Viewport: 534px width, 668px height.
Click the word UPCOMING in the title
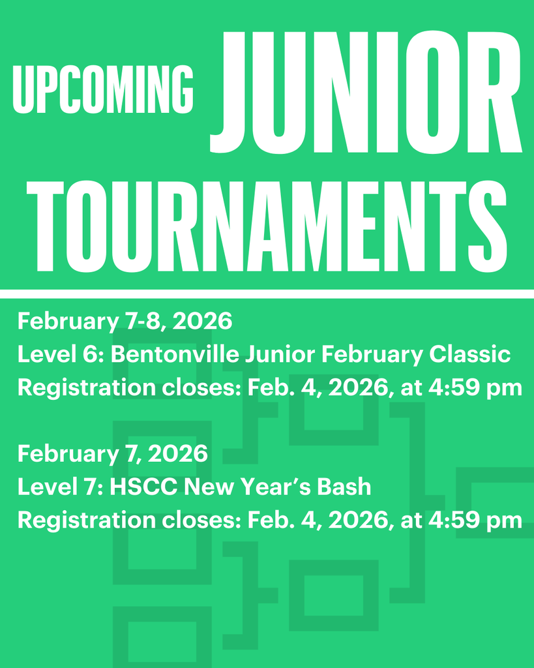(103, 89)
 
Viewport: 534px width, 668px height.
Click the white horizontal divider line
(267, 294)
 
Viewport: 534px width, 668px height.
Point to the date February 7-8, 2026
(125, 321)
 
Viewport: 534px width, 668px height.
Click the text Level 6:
(61, 354)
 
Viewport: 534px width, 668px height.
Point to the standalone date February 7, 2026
(112, 453)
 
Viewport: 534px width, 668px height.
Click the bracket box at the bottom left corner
(162, 636)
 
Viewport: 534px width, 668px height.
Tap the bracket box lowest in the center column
(333, 595)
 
